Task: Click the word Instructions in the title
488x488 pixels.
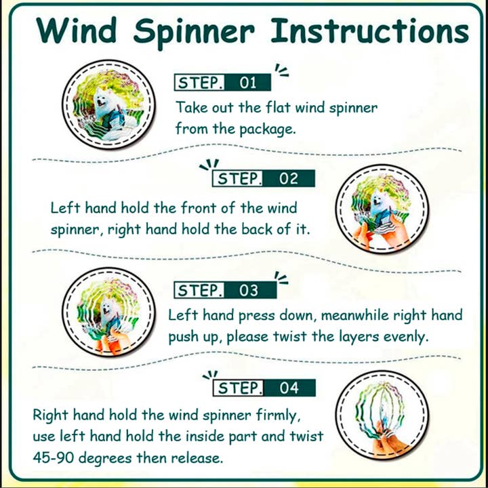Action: [x=369, y=30]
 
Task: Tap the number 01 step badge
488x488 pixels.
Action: [x=248, y=83]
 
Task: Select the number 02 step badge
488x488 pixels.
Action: [x=289, y=179]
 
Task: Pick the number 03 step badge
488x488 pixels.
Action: [x=249, y=290]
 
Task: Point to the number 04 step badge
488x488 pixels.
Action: [x=289, y=388]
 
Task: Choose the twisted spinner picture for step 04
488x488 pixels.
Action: [x=382, y=415]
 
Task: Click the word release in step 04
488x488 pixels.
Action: [x=197, y=458]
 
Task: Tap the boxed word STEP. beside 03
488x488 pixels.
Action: [x=199, y=290]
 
